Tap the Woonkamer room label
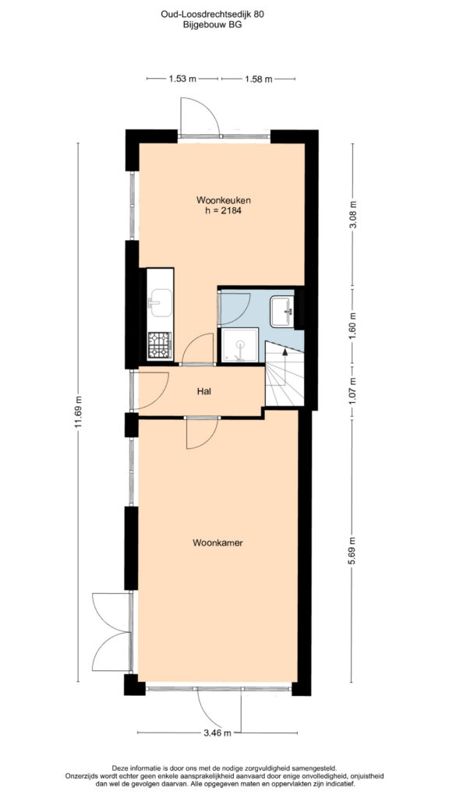218,543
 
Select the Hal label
204,391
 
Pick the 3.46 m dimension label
217,733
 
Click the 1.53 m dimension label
182,79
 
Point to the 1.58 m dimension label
258,79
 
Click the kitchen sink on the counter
160,303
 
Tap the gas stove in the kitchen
160,345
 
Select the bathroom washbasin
282,312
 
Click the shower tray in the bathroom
239,345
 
